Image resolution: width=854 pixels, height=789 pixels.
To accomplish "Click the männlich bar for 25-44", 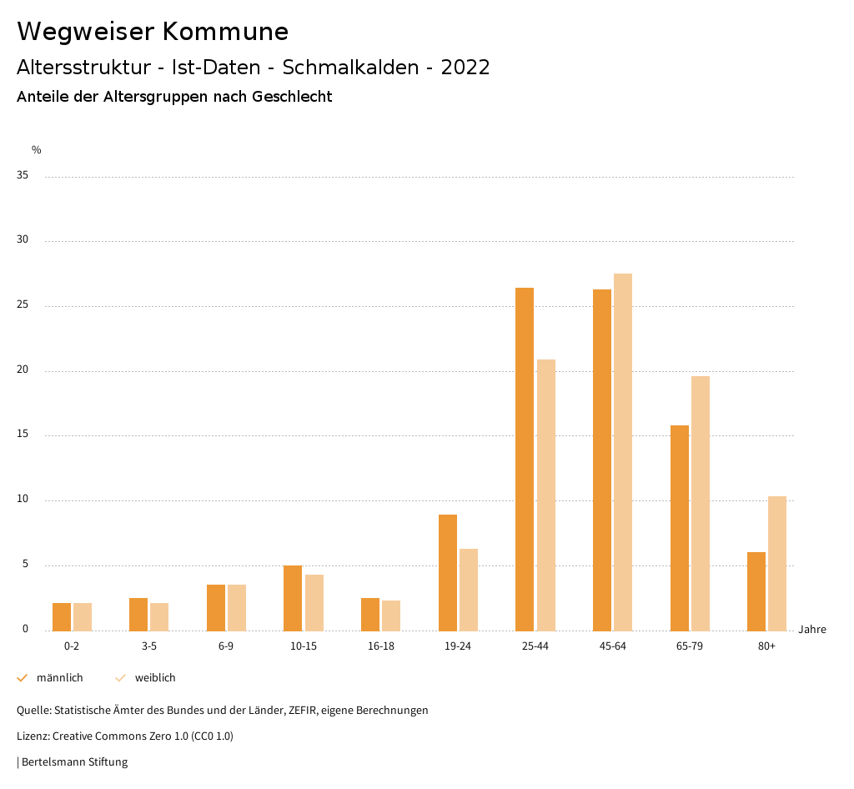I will (x=525, y=459).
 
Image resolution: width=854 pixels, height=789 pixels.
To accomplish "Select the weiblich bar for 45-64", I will (x=623, y=452).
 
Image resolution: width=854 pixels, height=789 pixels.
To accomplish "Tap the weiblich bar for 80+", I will (x=777, y=563).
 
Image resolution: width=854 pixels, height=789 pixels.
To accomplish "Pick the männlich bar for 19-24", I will (x=448, y=572).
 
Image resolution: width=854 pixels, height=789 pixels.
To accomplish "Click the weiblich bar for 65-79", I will (x=701, y=503).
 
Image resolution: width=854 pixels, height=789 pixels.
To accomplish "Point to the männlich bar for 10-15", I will (x=293, y=598).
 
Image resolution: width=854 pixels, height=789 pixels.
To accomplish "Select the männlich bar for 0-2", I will (x=62, y=616).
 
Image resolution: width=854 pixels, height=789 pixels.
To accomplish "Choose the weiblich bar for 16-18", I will (x=391, y=616).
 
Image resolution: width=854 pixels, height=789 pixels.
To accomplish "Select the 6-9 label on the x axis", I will (x=226, y=646).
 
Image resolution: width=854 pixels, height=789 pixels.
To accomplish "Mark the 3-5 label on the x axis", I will (x=148, y=646).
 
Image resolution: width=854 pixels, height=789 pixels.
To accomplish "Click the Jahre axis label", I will (x=812, y=630).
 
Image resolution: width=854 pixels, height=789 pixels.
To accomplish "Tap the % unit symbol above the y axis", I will (x=37, y=150).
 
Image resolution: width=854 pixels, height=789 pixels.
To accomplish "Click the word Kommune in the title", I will (x=225, y=32).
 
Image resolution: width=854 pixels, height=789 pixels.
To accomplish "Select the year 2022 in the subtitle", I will (x=465, y=68).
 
